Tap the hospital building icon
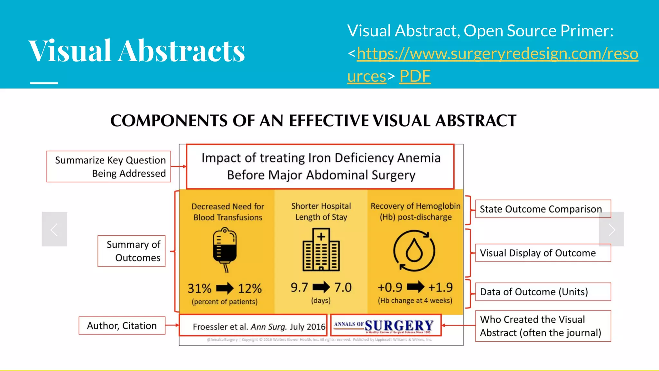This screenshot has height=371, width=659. (x=321, y=250)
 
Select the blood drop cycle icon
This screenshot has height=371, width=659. (x=414, y=251)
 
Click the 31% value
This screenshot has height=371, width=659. (x=200, y=288)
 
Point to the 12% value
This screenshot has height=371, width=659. (x=250, y=288)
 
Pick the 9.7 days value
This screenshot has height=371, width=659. (x=299, y=287)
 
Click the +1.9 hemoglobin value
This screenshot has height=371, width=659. (x=440, y=287)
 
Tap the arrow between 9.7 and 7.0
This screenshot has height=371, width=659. (x=321, y=287)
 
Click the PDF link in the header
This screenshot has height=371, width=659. (x=415, y=76)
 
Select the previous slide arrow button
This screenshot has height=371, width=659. (x=54, y=229)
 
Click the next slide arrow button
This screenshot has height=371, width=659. (x=611, y=229)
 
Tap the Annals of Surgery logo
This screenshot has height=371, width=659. (x=385, y=326)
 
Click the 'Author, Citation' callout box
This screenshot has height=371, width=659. (x=122, y=326)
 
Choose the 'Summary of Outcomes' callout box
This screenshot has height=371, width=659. (x=132, y=251)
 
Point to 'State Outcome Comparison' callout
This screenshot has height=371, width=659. (x=543, y=209)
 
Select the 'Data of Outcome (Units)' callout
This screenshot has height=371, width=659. (x=543, y=292)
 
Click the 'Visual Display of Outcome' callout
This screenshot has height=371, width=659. (x=543, y=253)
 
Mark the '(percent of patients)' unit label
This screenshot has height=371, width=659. (x=225, y=302)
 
